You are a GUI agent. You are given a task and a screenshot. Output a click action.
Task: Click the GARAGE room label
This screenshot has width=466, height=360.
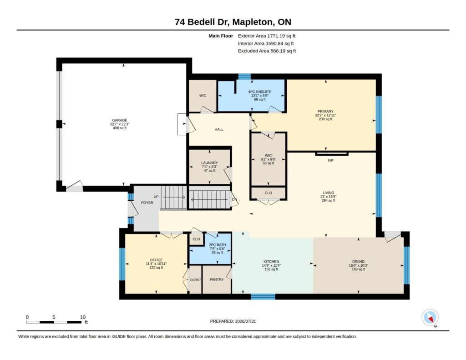tap(120, 121)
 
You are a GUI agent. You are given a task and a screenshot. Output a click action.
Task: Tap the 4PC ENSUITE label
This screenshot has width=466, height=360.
tap(260, 92)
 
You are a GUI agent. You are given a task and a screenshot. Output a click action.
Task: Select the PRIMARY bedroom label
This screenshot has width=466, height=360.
tap(325, 112)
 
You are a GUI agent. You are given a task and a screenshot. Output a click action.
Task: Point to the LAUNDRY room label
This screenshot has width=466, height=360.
tap(209, 163)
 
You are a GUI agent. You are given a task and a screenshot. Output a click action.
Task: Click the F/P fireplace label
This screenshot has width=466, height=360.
tap(330, 161)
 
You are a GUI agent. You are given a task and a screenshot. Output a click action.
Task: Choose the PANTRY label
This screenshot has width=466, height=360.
tap(217, 280)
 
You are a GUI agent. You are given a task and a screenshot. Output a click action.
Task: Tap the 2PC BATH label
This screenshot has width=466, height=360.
tap(217, 245)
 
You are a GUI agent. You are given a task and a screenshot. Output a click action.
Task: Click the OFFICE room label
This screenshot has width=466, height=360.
tap(156, 260)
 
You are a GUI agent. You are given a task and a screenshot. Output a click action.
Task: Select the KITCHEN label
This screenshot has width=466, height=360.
tap(271, 262)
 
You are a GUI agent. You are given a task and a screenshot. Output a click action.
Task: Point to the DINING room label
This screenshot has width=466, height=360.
tap(359, 262)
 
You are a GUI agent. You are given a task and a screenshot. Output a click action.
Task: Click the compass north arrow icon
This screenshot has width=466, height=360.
tap(430, 318)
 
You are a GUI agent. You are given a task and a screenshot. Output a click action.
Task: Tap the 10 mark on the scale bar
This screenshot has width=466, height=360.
tap(83, 317)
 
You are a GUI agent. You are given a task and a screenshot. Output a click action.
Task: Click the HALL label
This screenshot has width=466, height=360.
tap(219, 129)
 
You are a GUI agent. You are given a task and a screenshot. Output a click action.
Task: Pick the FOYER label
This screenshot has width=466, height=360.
tap(147, 203)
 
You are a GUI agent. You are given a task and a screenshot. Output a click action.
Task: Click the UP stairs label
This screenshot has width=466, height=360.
tap(156, 197)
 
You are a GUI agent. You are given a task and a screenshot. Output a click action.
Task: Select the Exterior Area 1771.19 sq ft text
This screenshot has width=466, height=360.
tap(267, 36)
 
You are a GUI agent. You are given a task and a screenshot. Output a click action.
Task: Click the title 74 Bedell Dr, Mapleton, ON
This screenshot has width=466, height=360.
tap(233, 22)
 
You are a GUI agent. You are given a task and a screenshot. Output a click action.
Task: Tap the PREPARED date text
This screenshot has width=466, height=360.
tap(233, 321)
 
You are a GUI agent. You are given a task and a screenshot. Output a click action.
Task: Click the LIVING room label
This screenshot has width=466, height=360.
tap(329, 193)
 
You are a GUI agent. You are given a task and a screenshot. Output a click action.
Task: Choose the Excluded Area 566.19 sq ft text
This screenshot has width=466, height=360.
tap(267, 51)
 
